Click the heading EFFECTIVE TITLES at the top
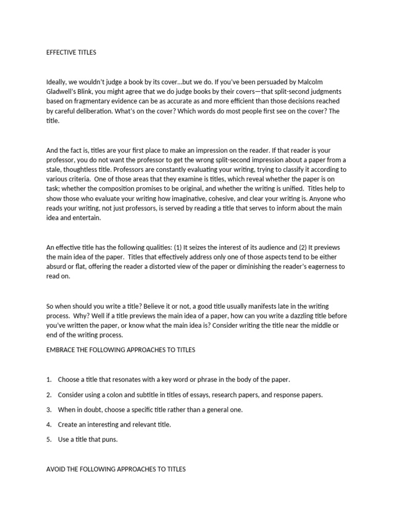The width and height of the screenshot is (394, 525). pos(71,52)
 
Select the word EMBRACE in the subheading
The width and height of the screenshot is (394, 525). pos(62,350)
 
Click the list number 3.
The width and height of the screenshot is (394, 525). pos(49,410)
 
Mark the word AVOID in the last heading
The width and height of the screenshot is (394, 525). pos(55,469)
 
